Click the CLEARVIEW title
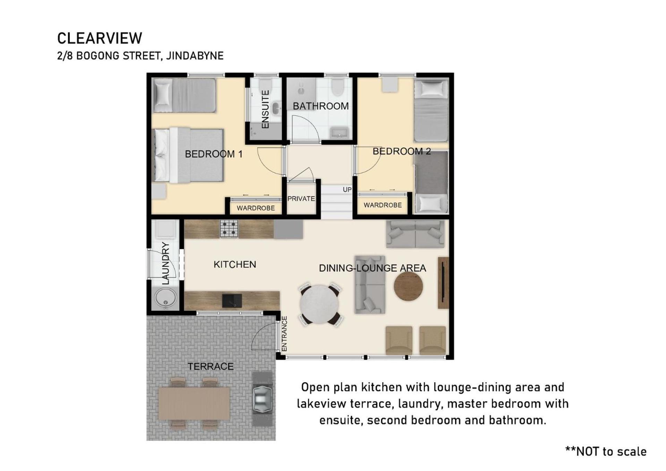coord(100,38)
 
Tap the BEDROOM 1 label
coord(213,154)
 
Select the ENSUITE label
coord(265,109)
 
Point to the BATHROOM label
coord(321,106)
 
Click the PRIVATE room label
coord(301,199)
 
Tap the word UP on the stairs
coord(347,190)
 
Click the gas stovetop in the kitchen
coord(229,229)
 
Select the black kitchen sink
coord(232,301)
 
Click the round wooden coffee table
coord(408,286)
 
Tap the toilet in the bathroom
coord(337,87)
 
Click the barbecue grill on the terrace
coord(262,399)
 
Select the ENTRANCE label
coord(284,334)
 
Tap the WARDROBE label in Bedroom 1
coord(256,208)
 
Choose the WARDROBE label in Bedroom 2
coord(383,205)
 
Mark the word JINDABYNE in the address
coord(195,56)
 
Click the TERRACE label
coord(211,366)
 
